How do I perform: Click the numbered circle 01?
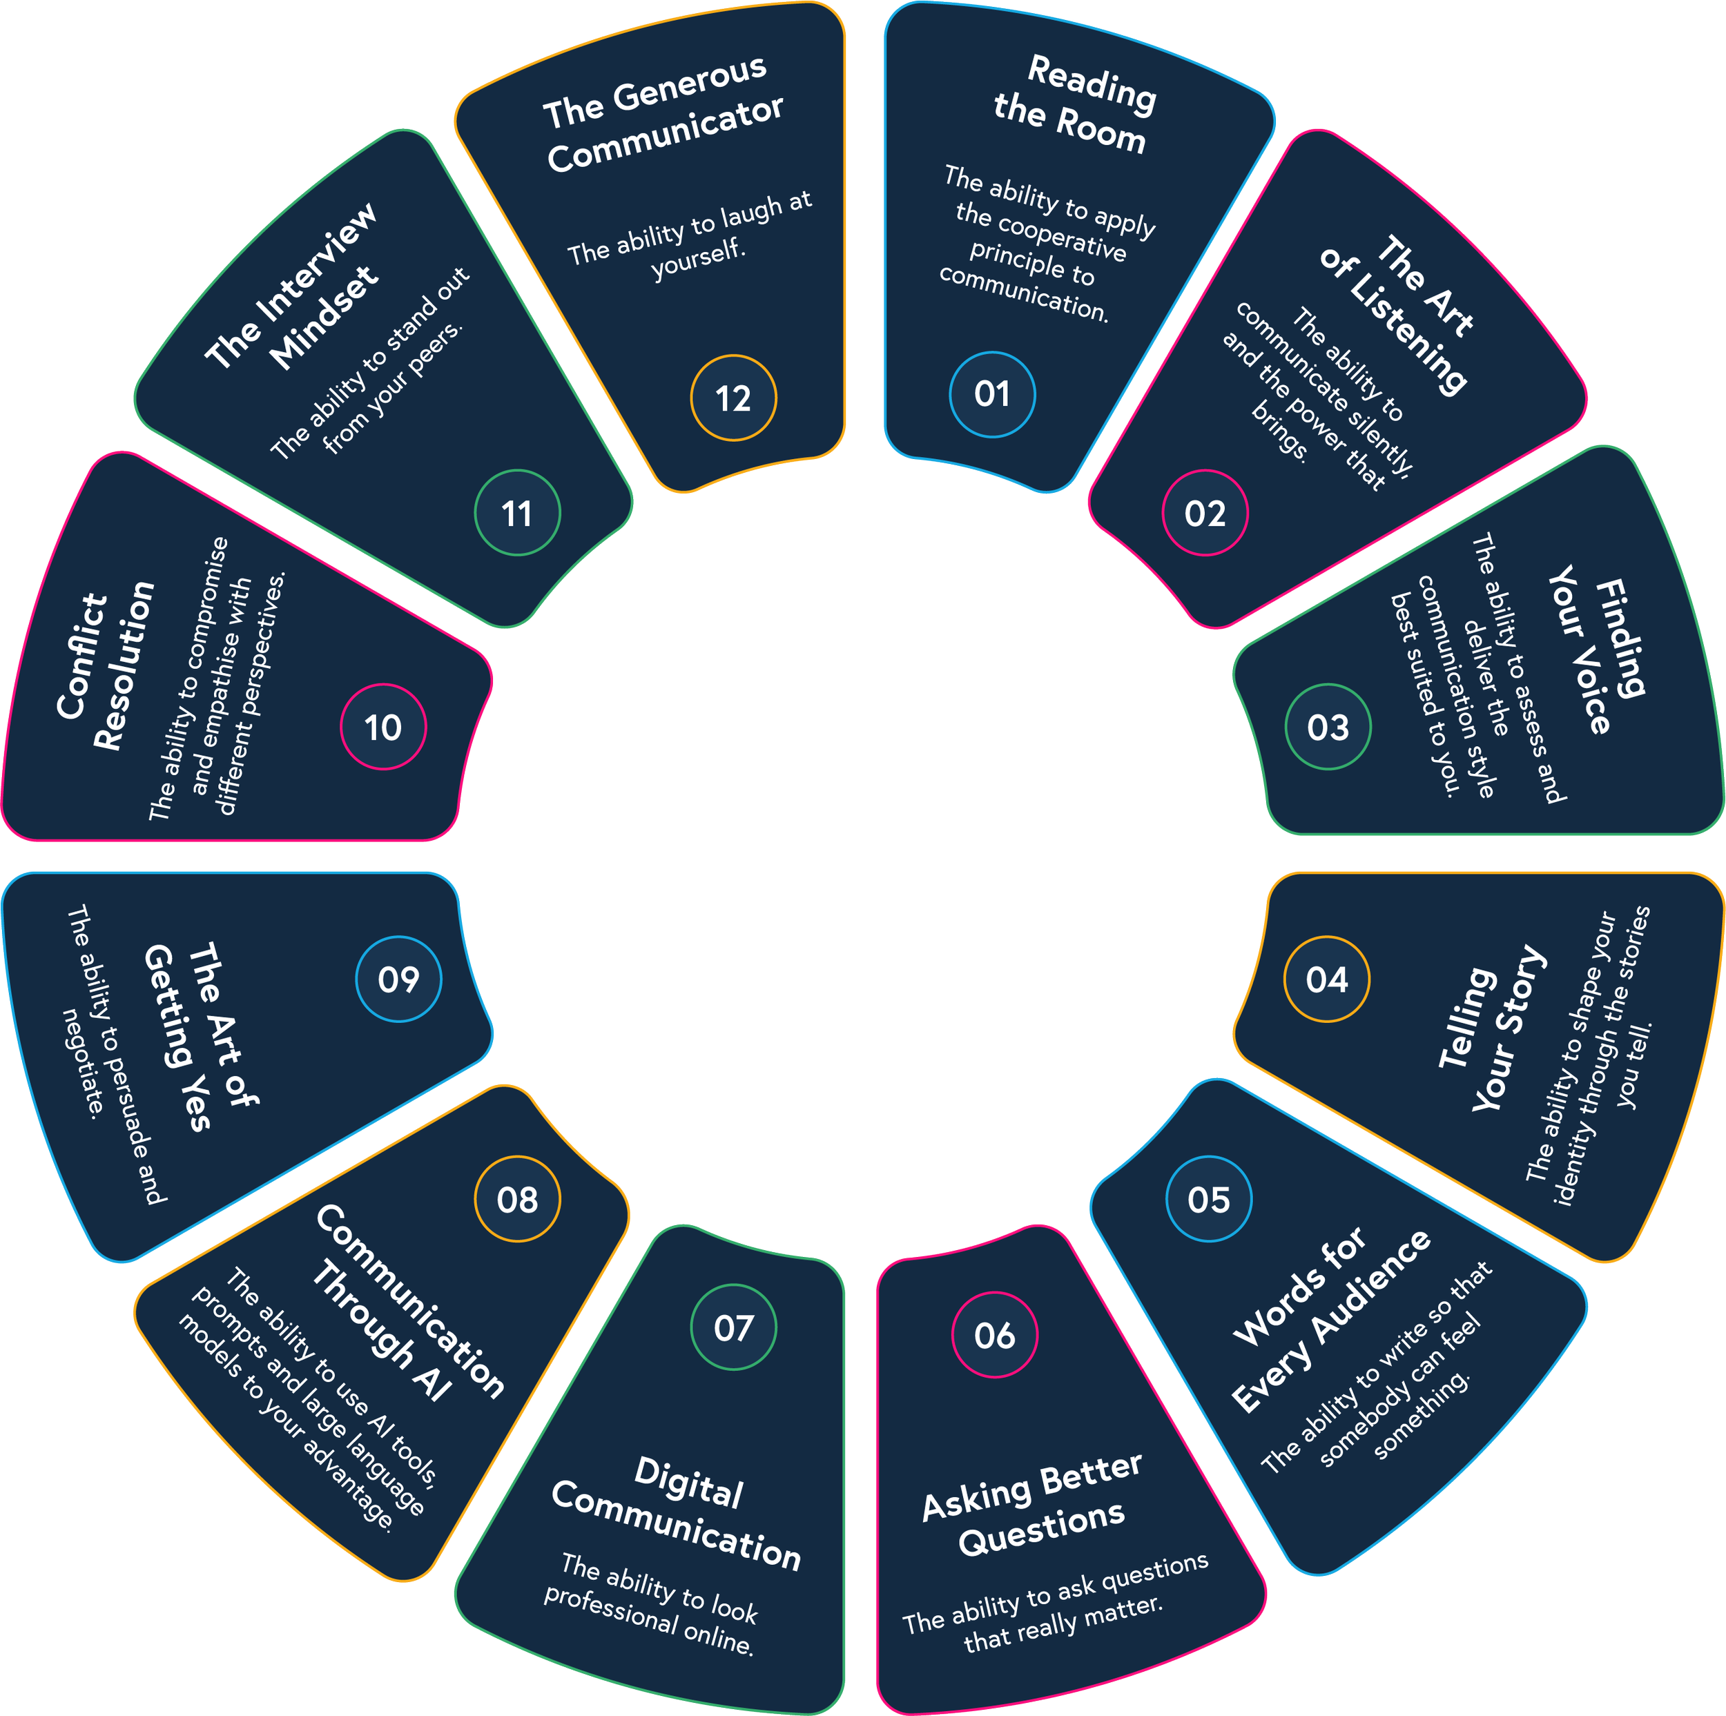pos(991,394)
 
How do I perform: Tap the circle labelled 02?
pos(1204,513)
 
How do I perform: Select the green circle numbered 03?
pos(1328,727)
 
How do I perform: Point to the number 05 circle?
pos(1209,1200)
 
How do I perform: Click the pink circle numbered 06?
pos(994,1336)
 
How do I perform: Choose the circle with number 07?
pos(733,1327)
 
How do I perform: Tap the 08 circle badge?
pos(517,1200)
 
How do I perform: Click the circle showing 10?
pos(383,727)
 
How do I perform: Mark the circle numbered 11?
pos(517,513)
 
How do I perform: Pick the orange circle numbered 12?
pos(733,398)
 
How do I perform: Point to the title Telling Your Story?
pos(1492,1027)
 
